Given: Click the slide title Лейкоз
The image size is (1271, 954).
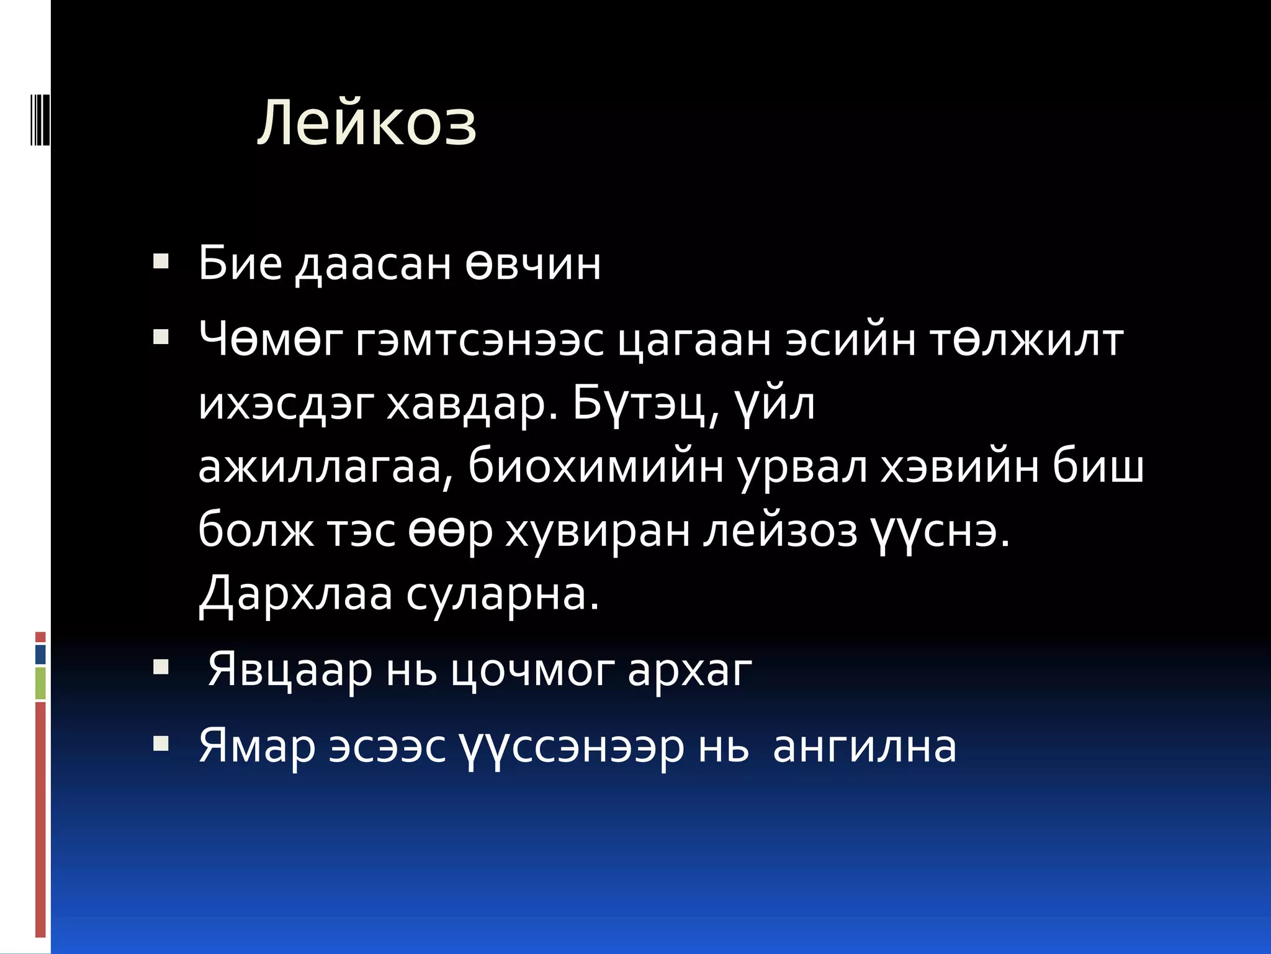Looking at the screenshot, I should coord(367,123).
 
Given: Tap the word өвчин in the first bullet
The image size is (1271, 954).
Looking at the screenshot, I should coord(533,264).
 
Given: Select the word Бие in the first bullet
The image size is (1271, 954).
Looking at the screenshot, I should coord(240,264).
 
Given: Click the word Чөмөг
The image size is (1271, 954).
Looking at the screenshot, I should coord(271,340).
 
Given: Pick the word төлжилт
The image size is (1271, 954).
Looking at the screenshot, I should coord(1026,340).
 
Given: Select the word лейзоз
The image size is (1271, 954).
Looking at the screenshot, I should coord(780,531).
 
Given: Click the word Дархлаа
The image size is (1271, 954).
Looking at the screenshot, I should coord(296,594).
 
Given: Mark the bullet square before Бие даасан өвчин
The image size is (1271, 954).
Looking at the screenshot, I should coord(161,262).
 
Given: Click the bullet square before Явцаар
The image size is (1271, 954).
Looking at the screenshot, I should coord(161,668).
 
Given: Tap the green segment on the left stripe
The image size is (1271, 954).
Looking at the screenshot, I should coord(40,683).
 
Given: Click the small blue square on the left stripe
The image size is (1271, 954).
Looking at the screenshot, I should coord(40,654).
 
